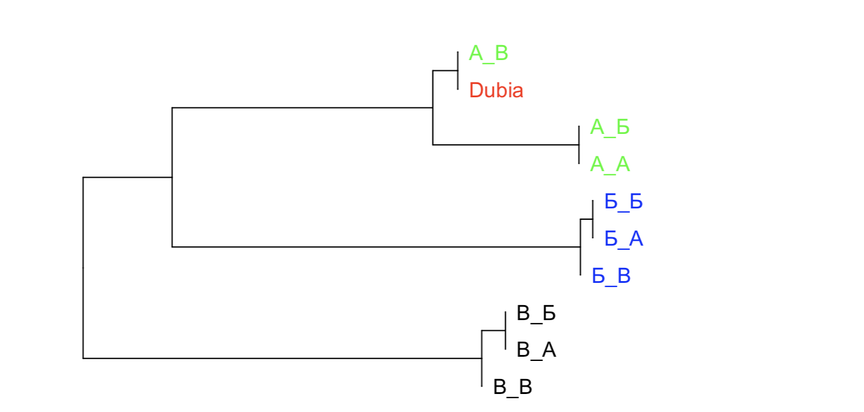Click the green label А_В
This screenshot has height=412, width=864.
[x=488, y=53]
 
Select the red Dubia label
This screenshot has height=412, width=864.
[x=496, y=91]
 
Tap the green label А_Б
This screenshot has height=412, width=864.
[x=610, y=127]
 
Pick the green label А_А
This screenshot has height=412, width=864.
[x=610, y=165]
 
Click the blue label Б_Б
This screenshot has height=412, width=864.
[x=623, y=202]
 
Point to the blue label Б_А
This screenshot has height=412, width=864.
[x=623, y=239]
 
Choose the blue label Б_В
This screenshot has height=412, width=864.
[x=611, y=276]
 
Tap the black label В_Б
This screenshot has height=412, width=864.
[x=536, y=314]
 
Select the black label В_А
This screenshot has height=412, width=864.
[x=536, y=351]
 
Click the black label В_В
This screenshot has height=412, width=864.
[x=512, y=387]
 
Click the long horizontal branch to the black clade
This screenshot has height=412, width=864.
[x=282, y=359]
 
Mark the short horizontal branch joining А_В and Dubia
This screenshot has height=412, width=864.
[x=445, y=71]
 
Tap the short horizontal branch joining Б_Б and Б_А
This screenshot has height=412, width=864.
[x=587, y=220]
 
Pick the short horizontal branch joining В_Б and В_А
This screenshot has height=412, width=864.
[x=494, y=330]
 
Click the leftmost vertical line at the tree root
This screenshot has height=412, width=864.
[x=83, y=267]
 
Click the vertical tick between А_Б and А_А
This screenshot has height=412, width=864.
[x=579, y=145]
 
